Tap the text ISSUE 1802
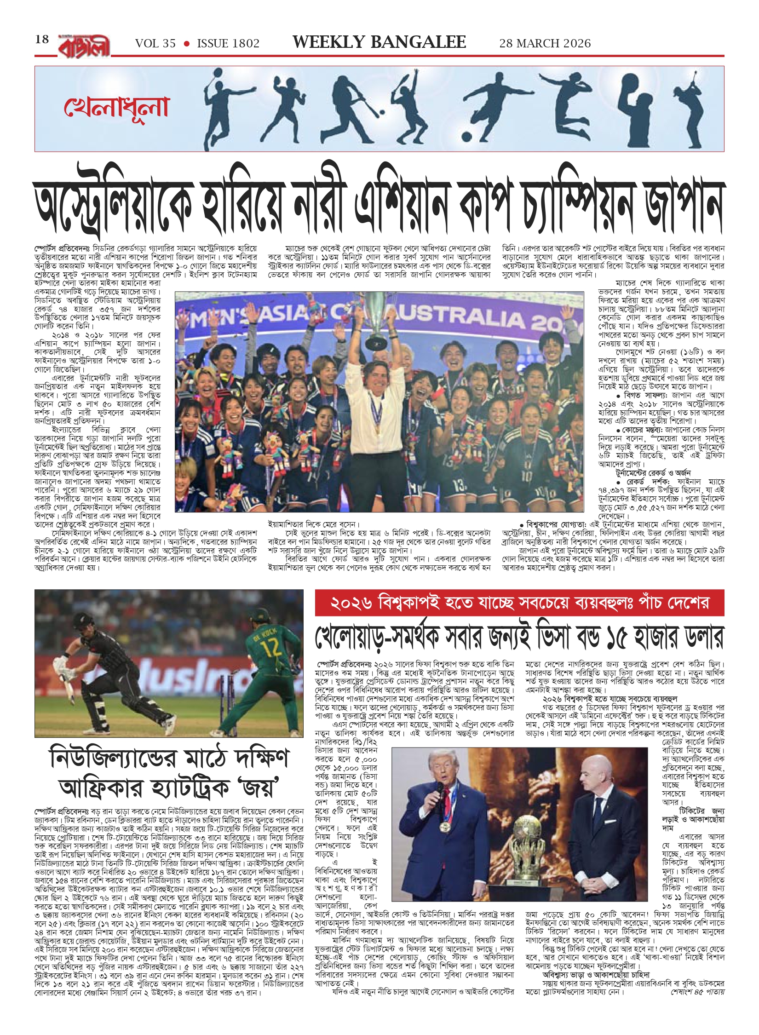228,44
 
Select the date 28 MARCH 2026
545,44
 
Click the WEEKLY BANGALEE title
379,42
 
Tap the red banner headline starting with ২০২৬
519,603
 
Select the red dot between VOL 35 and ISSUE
186,44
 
